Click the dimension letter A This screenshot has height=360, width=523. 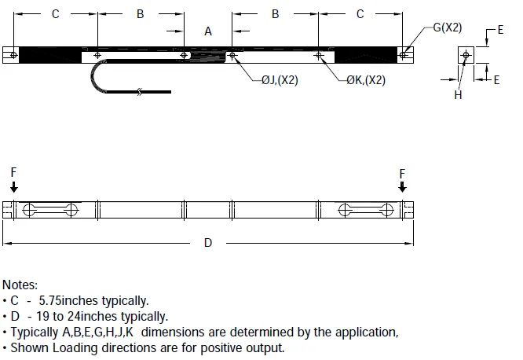pos(208,31)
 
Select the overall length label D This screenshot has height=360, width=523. pos(208,243)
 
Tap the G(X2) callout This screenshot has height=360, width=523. pos(448,28)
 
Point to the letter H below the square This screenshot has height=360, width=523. pos(458,94)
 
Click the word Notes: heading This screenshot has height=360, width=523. pos(20,285)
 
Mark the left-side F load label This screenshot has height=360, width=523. pos(13,172)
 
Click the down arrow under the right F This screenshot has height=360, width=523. pos(402,186)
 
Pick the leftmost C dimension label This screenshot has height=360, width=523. pos(55,14)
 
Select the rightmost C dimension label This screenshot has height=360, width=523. pos(360,14)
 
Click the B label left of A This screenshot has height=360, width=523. pos(140,14)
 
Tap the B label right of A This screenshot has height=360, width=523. pos(275,14)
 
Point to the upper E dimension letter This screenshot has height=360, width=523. pos(500,30)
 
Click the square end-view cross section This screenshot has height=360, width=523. pos(466,55)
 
